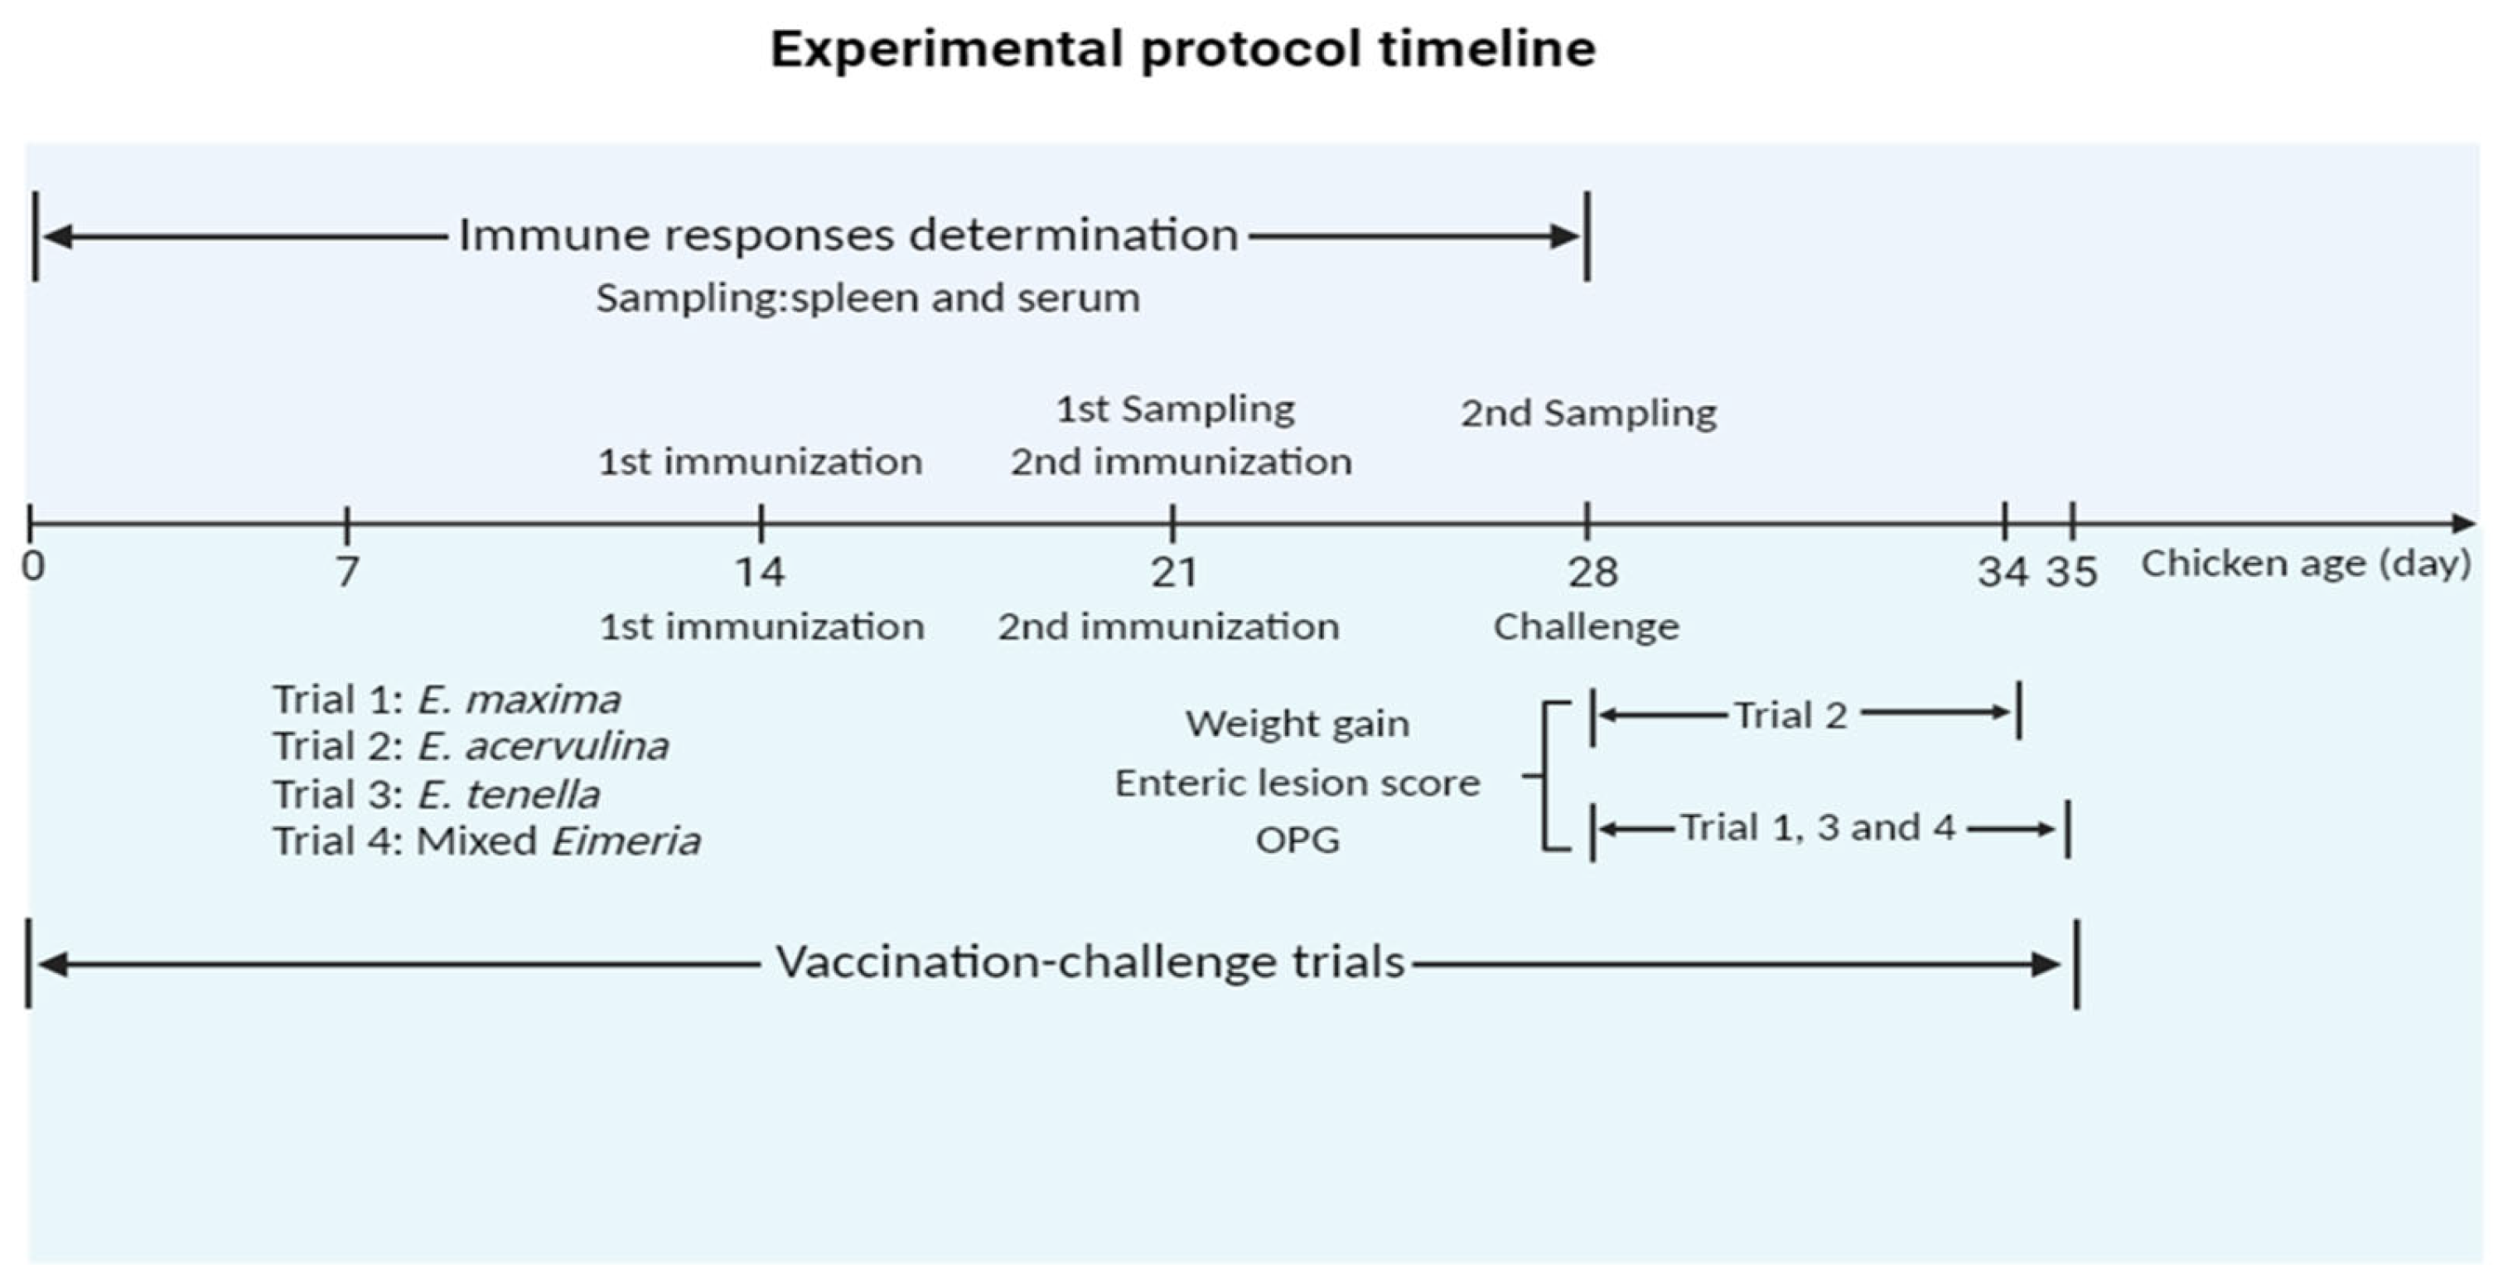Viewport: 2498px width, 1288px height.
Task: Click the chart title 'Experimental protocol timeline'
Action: [x=1182, y=49]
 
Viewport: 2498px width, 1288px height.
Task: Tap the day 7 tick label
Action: [x=347, y=572]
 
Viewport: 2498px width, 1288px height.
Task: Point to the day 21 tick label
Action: [x=1173, y=572]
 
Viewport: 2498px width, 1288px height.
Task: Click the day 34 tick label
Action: [x=2003, y=572]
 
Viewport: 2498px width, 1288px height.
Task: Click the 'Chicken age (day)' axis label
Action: [x=2306, y=564]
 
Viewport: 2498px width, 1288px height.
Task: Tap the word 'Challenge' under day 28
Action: [x=1586, y=627]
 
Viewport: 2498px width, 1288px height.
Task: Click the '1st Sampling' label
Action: [x=1174, y=410]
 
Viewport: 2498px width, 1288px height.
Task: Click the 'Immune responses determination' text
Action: [x=848, y=235]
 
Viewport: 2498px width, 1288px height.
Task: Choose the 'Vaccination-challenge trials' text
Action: [x=1090, y=963]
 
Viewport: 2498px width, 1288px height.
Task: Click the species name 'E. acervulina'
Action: [x=542, y=747]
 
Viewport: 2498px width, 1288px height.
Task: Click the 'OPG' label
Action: [x=1297, y=840]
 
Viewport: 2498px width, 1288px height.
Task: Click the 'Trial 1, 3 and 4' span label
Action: [x=1817, y=828]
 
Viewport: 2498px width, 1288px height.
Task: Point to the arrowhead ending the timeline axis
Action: [x=2463, y=524]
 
